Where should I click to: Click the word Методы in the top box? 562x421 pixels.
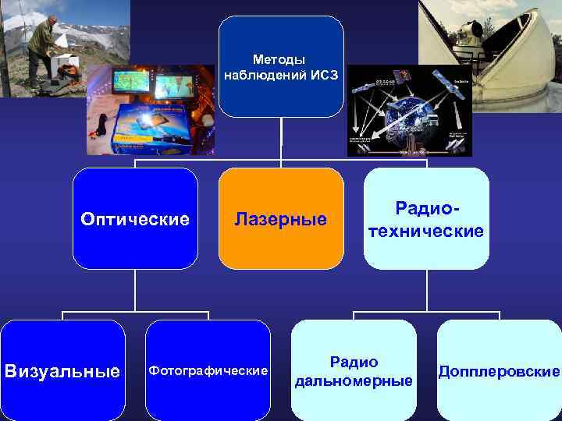click(279, 59)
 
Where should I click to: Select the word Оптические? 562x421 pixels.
click(135, 219)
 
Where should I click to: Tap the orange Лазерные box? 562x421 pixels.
click(281, 219)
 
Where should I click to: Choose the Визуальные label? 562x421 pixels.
click(62, 370)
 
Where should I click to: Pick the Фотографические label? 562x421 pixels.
click(208, 370)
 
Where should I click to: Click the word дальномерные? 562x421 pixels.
click(354, 380)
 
